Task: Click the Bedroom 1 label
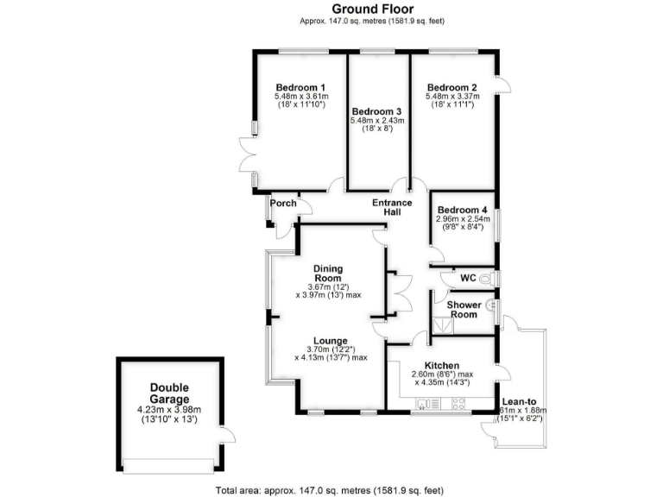tap(300, 87)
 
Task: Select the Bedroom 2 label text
tap(451, 87)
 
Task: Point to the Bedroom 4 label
tap(462, 211)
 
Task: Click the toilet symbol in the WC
tap(488, 279)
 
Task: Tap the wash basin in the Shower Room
tap(490, 305)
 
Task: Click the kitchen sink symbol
tap(423, 403)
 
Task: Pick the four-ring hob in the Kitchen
tap(458, 403)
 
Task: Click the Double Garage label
tap(168, 393)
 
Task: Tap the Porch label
tap(282, 204)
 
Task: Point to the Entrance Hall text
tap(391, 208)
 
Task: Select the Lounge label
tap(331, 340)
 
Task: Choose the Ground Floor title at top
tap(331, 9)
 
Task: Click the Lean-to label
tap(515, 400)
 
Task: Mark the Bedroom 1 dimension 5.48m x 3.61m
tap(300, 97)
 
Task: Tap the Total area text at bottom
tap(331, 489)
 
